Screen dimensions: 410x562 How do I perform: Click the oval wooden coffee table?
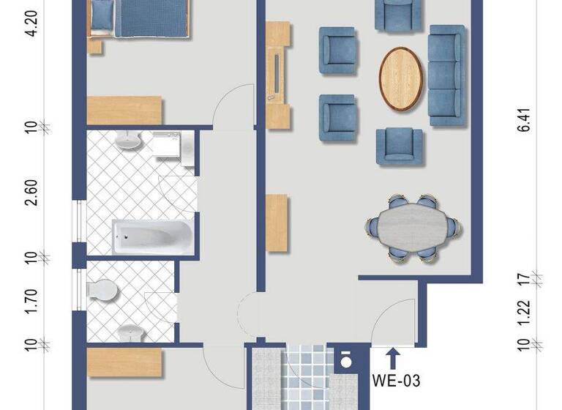click(x=401, y=79)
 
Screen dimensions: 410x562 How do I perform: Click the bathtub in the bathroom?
click(x=152, y=235)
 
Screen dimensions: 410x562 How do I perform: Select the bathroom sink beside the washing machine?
click(x=130, y=141)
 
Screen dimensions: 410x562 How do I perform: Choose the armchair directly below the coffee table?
click(x=400, y=145)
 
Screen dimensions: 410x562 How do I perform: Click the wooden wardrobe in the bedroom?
click(x=124, y=110)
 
